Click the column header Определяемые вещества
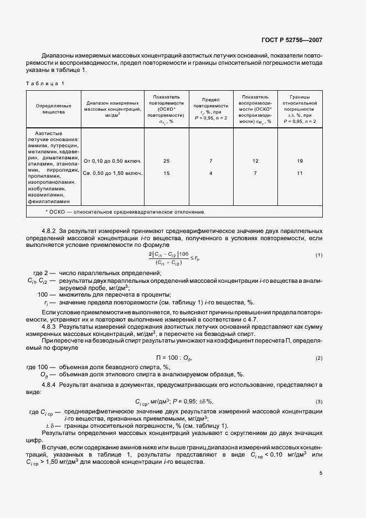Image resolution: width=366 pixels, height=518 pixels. [x=50, y=107]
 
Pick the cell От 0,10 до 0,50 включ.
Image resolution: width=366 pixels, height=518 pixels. [x=113, y=161]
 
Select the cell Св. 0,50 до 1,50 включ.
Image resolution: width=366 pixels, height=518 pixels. [x=113, y=173]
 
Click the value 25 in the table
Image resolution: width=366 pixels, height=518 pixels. [x=167, y=161]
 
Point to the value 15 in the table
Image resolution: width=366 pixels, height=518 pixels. [x=167, y=173]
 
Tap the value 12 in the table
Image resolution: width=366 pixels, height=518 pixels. [x=255, y=161]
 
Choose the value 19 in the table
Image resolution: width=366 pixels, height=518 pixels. [x=300, y=161]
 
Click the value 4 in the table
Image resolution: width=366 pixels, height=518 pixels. [x=211, y=173]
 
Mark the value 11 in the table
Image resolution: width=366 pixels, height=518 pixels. [x=300, y=173]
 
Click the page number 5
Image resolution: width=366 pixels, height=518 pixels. [x=321, y=473]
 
